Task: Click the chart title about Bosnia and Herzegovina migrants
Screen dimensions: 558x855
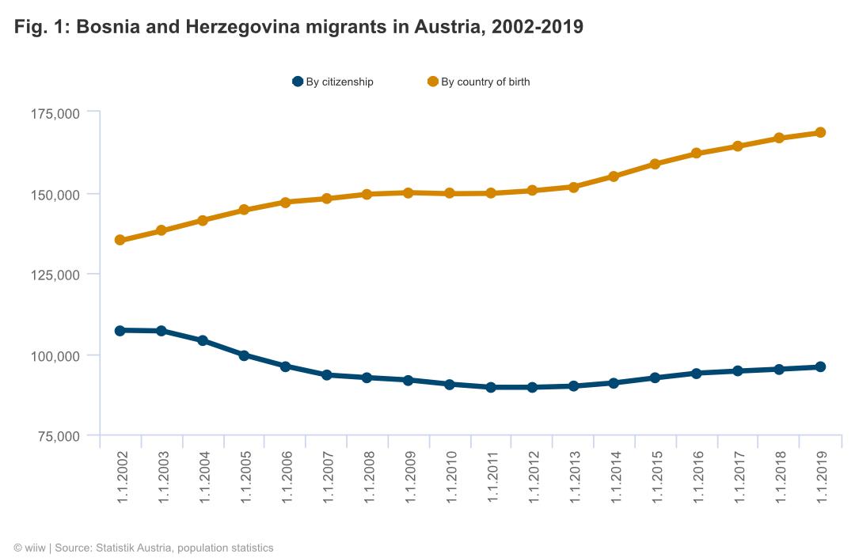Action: pyautogui.click(x=298, y=27)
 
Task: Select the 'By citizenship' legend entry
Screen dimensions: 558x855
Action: pyautogui.click(x=333, y=82)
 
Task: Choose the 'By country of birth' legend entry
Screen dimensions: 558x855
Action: pyautogui.click(x=479, y=82)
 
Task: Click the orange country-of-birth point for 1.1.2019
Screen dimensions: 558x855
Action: pyautogui.click(x=820, y=132)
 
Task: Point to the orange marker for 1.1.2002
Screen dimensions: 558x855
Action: pyautogui.click(x=120, y=240)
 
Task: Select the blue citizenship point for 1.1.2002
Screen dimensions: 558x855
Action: pyautogui.click(x=120, y=330)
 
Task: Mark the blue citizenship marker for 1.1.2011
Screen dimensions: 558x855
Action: pyautogui.click(x=491, y=387)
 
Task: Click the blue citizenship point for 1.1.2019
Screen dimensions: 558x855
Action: pyautogui.click(x=820, y=366)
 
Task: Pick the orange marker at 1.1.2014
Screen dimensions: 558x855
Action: pyautogui.click(x=614, y=177)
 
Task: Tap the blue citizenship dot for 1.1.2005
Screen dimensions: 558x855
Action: pyautogui.click(x=244, y=355)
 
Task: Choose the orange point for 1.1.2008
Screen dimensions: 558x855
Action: pyautogui.click(x=367, y=194)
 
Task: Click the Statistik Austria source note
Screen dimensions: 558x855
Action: pyautogui.click(x=143, y=548)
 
